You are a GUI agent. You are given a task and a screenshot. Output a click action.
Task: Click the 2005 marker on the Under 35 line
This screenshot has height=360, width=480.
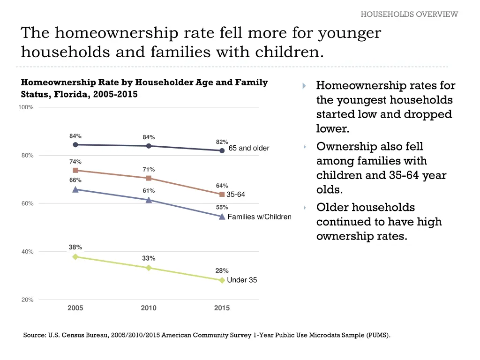(75, 256)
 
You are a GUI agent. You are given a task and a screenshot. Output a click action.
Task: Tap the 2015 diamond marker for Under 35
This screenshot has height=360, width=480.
(222, 280)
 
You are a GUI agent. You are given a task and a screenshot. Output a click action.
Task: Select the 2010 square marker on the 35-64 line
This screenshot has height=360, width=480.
(149, 178)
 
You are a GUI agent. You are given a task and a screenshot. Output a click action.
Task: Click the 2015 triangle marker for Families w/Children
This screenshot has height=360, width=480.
(222, 216)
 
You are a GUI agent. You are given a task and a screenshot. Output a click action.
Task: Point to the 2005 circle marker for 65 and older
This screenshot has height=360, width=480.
(75, 144)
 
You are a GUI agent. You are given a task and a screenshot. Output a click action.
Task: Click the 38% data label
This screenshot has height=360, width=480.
(75, 247)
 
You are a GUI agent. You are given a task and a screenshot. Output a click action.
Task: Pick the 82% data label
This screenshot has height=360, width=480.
(222, 142)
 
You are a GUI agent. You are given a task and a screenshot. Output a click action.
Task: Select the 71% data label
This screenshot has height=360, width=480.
(149, 169)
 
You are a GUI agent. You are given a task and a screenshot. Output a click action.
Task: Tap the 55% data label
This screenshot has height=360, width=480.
(222, 207)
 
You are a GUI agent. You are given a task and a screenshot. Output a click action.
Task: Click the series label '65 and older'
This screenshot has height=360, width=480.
(248, 148)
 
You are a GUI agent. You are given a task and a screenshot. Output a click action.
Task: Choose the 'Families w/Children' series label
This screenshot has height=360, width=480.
(259, 217)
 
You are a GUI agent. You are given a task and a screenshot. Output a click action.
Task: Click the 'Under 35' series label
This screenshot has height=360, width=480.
(242, 280)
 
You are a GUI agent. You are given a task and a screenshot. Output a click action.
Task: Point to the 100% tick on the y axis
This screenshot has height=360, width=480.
(26, 107)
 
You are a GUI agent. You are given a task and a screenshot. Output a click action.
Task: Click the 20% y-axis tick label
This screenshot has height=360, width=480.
(27, 300)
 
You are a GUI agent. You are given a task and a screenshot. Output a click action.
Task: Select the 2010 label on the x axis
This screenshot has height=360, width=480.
(149, 308)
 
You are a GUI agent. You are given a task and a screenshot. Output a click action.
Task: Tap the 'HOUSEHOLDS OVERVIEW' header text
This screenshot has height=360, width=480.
(409, 14)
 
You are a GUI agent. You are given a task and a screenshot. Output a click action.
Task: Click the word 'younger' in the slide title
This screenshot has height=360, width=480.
(349, 33)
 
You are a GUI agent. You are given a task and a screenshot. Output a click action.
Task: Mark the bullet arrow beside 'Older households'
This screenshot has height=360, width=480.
(304, 208)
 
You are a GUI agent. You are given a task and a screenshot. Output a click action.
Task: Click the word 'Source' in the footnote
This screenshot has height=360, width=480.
(34, 335)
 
